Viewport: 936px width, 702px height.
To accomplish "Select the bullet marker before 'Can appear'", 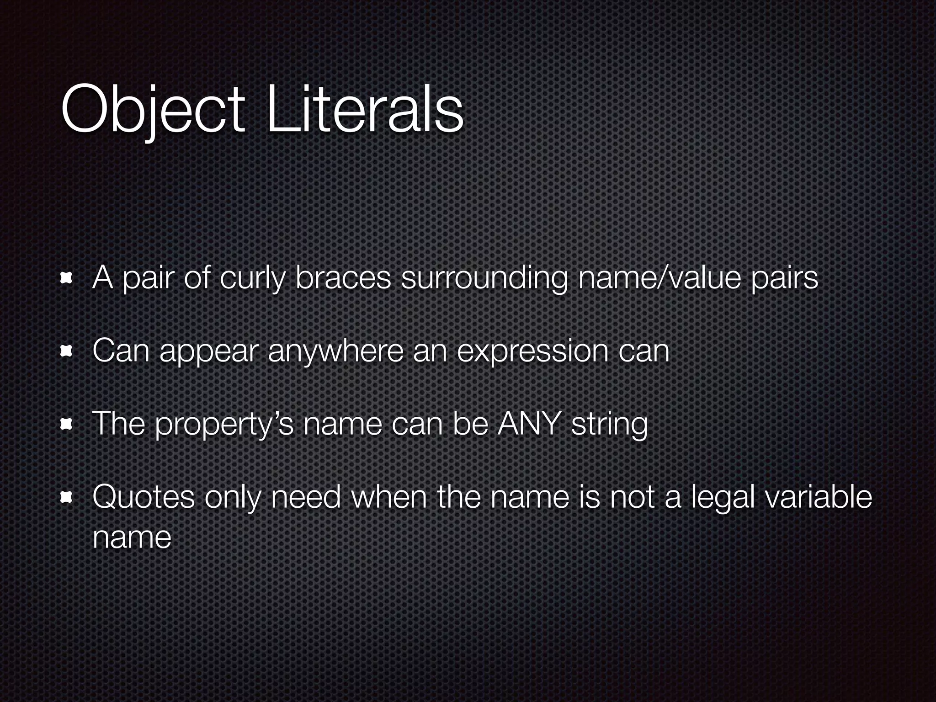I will [67, 351].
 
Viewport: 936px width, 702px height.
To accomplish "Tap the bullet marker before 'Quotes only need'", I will [67, 498].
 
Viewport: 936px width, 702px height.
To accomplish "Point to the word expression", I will [532, 351].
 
